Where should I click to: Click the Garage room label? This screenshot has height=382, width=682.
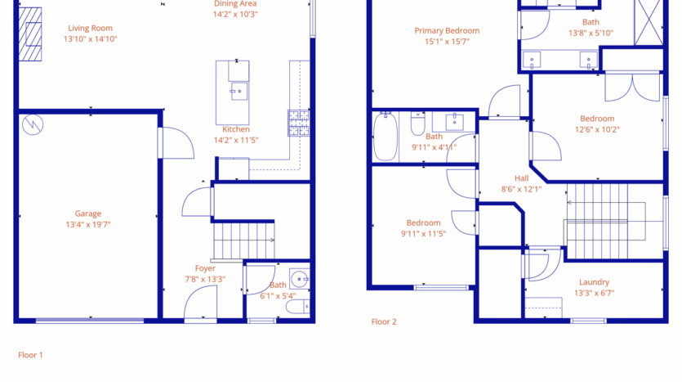88,213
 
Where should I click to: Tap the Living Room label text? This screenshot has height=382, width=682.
90,28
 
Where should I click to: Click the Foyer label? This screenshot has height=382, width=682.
205,268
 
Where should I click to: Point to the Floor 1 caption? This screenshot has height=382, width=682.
30,355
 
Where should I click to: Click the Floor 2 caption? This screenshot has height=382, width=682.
384,321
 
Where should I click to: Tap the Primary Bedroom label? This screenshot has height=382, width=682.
447,30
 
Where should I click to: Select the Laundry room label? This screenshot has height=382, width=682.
594,282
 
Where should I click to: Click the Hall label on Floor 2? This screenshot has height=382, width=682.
522,178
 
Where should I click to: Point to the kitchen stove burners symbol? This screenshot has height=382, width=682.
296,123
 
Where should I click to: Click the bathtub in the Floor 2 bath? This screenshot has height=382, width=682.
385,137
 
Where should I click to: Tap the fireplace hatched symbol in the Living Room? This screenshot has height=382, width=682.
32,34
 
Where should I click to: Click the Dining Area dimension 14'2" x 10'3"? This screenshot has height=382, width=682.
235,14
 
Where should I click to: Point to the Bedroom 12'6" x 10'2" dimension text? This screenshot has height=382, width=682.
597,129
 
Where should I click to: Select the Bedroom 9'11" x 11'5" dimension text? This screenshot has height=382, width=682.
423,233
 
